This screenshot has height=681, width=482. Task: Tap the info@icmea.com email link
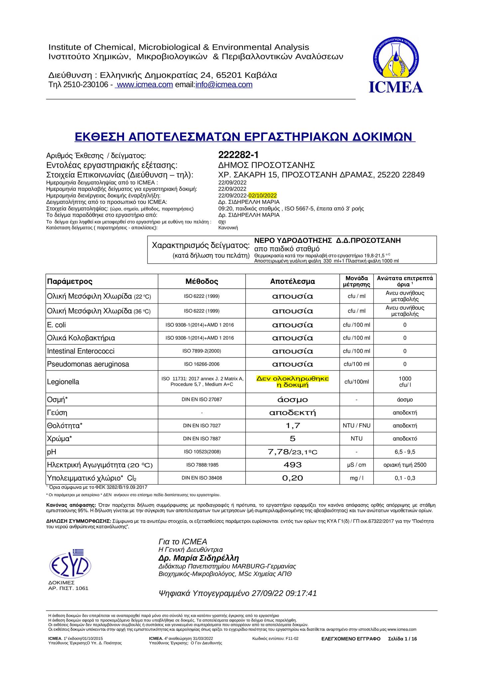224,85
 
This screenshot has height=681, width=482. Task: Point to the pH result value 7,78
278,452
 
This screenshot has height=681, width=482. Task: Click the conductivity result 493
293,465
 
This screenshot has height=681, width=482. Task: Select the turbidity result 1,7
293,426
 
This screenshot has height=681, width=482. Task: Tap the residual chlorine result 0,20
293,478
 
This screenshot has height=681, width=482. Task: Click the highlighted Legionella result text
293,382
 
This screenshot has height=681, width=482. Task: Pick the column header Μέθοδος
202,282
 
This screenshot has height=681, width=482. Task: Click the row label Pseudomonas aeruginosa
88,364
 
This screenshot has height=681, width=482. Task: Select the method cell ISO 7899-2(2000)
202,351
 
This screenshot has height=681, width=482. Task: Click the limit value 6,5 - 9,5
405,452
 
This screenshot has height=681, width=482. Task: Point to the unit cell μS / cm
356,465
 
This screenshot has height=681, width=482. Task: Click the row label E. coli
57,325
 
